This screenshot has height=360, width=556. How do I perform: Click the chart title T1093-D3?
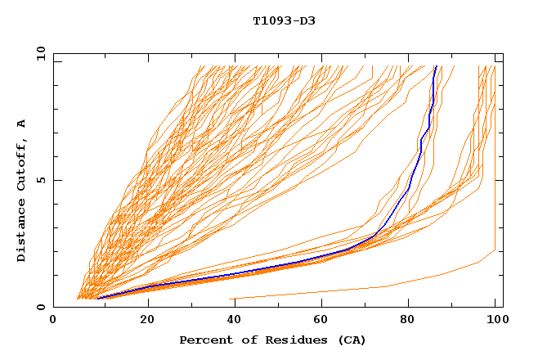(x=284, y=20)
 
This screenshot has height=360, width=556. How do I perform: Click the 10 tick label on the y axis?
(x=39, y=53)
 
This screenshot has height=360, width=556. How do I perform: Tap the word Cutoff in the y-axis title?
(x=21, y=168)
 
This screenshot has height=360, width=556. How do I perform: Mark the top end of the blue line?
(x=437, y=66)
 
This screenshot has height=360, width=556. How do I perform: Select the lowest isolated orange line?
(x=384, y=286)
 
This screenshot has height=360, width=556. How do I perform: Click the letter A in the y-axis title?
(x=21, y=124)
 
